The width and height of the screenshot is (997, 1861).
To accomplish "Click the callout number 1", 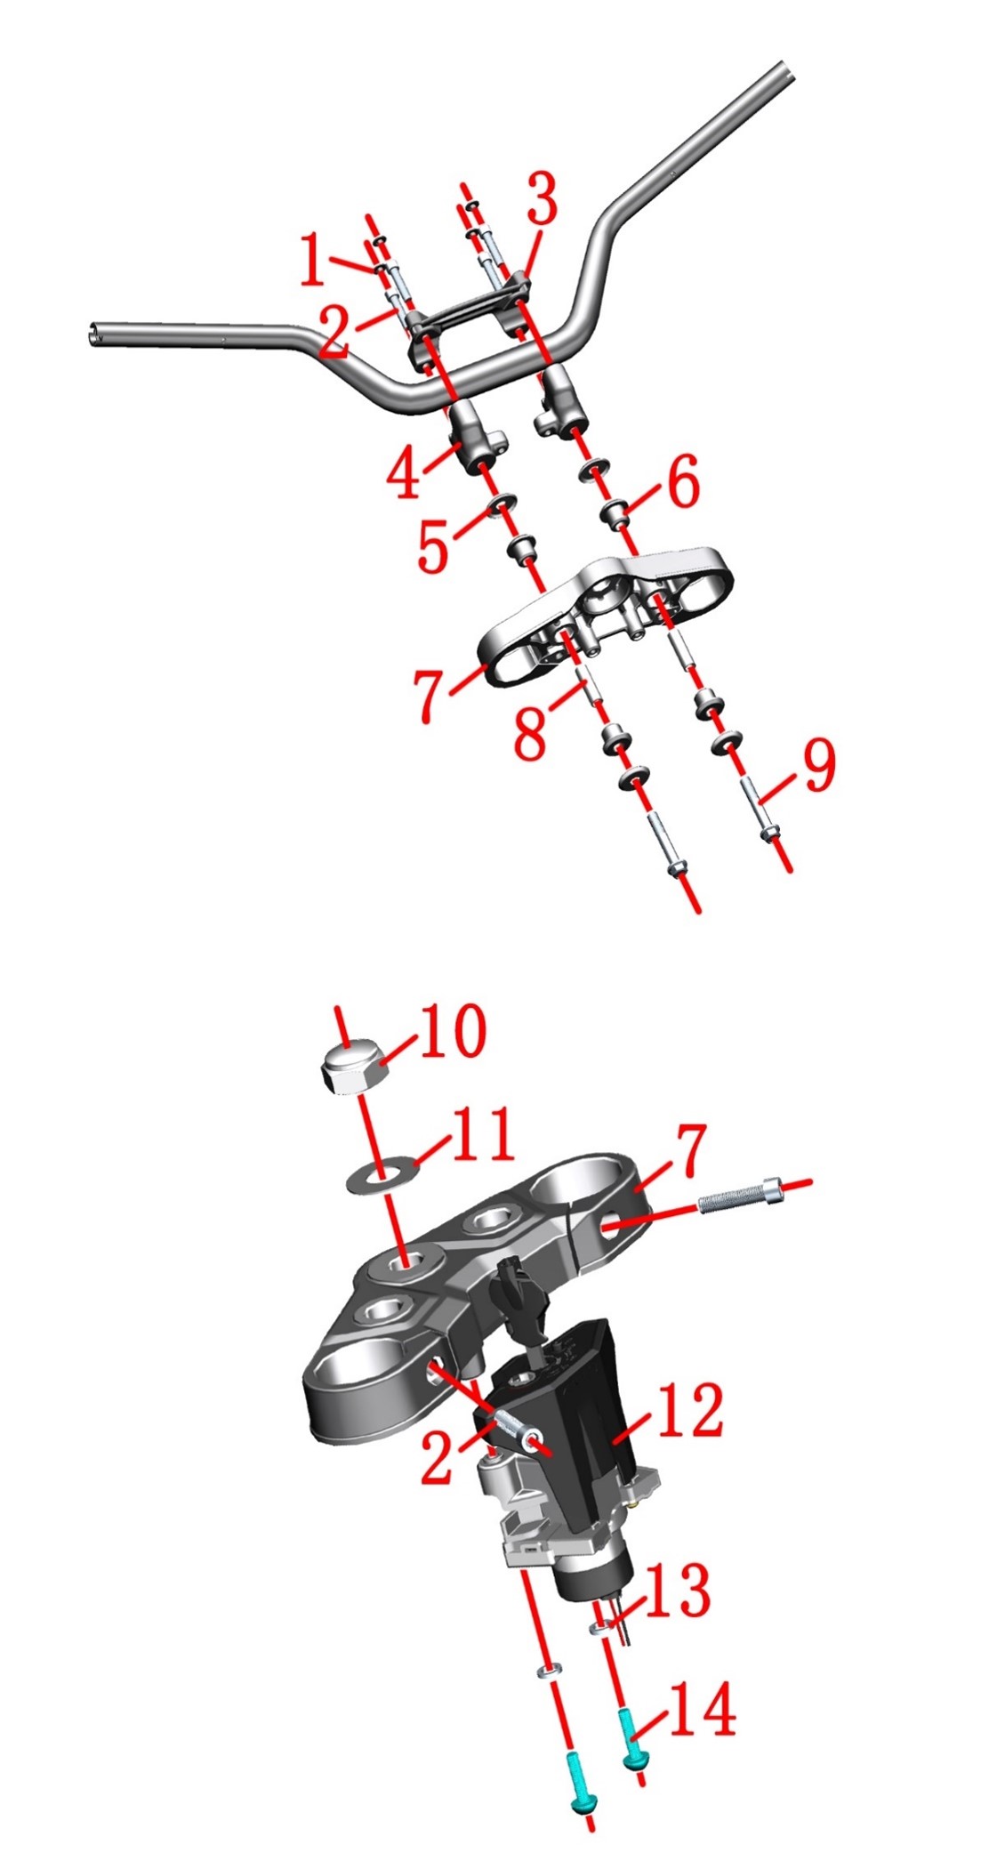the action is pyautogui.click(x=312, y=259).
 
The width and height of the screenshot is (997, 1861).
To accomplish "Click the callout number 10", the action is pyautogui.click(x=453, y=1031).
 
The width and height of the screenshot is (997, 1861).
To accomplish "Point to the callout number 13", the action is pyautogui.click(x=679, y=1590).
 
